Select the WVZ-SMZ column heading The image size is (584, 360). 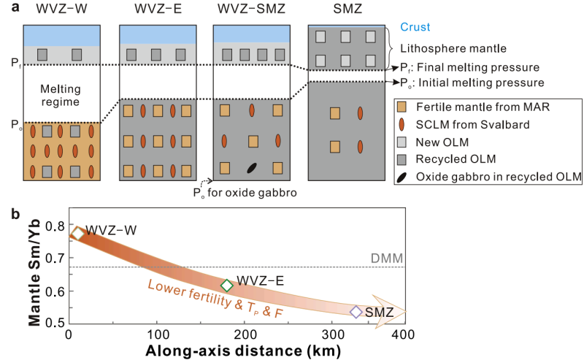point(252,11)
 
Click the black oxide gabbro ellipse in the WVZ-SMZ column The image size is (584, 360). point(252,167)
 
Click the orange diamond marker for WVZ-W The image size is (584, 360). point(77,234)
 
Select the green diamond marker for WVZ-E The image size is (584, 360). point(227,286)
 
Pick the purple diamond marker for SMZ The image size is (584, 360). point(356,312)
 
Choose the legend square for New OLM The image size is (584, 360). point(400,142)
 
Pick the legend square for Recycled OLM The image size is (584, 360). point(400,158)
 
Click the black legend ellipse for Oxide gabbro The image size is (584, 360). point(400,176)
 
